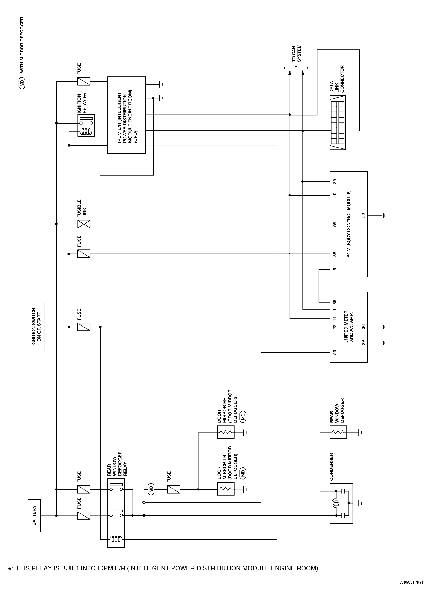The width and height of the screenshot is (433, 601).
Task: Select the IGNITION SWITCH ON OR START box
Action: point(36,327)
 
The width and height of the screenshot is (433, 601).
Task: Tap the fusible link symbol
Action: point(84,224)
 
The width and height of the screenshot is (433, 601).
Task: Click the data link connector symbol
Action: point(338,123)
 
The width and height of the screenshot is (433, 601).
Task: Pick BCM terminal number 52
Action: point(363,215)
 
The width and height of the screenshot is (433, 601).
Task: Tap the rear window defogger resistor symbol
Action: point(338,432)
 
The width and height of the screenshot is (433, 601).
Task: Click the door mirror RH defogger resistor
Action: point(226,432)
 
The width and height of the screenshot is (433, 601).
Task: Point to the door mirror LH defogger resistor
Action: point(226,489)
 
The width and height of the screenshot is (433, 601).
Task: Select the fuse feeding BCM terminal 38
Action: point(84,254)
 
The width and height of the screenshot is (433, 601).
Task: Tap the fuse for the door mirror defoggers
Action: point(174,489)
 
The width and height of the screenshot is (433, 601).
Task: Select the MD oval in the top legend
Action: point(22,83)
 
